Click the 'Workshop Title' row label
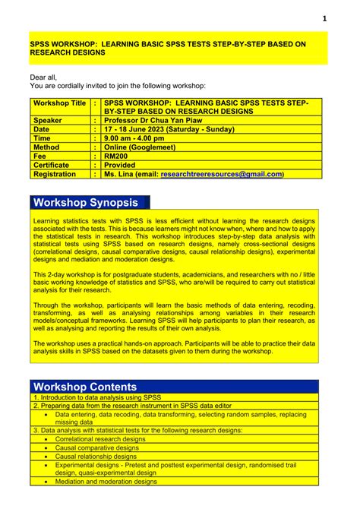click(x=58, y=103)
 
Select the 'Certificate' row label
click(x=51, y=165)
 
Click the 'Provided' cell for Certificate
click(x=122, y=165)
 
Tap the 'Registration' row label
click(x=54, y=174)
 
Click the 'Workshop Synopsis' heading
click(x=85, y=202)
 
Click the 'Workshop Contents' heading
click(x=85, y=387)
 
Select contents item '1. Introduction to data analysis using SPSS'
click(x=97, y=397)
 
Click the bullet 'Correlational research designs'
click(x=100, y=439)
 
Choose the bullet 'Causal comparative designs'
click(x=97, y=447)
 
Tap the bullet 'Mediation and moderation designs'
click(x=106, y=481)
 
